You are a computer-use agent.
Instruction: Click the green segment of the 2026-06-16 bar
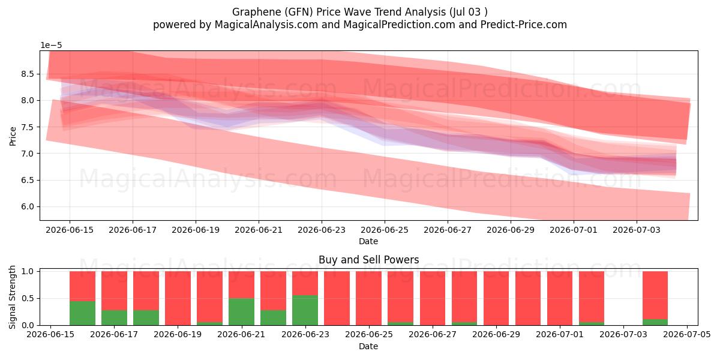82,313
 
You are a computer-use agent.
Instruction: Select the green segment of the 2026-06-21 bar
241,312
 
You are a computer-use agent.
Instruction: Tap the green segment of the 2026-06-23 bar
305,310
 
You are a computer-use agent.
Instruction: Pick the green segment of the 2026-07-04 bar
655,322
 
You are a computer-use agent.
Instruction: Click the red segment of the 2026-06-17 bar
114,290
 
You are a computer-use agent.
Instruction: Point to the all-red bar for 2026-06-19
178,298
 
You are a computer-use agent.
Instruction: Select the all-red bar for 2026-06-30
528,298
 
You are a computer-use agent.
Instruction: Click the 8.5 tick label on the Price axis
28,74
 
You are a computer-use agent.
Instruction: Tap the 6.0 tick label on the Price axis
28,206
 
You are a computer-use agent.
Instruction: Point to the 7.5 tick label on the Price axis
28,127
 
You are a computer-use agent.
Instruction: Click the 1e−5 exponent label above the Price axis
51,46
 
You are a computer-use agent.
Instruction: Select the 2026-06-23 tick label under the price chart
322,230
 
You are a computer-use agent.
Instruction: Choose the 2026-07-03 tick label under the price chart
637,230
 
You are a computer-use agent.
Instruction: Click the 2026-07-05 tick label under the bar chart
687,334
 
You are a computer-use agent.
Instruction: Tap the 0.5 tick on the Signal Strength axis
28,298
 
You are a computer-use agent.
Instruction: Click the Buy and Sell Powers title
368,260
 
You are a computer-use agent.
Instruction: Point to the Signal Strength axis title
12,298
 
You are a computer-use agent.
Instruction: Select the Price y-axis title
13,136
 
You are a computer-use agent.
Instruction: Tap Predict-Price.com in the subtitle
524,25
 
